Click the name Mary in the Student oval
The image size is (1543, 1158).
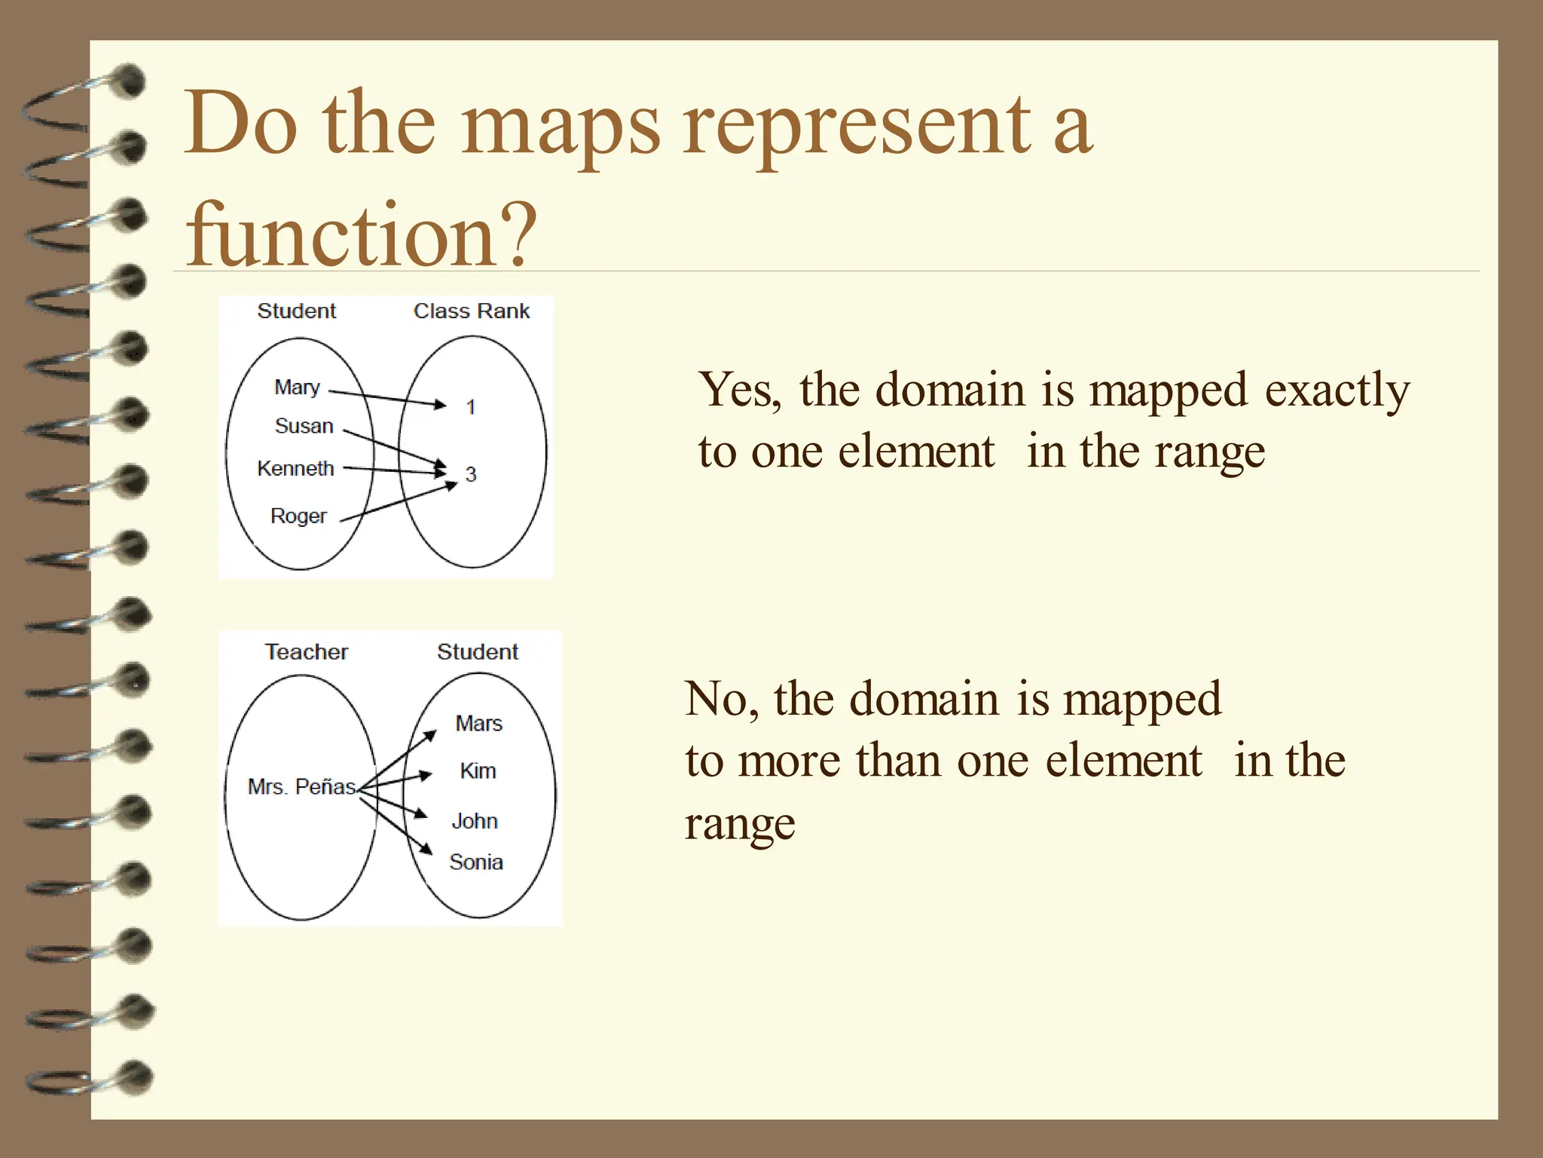pyautogui.click(x=297, y=388)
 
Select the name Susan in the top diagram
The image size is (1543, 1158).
pyautogui.click(x=304, y=426)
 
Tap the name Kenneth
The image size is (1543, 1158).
pyautogui.click(x=295, y=468)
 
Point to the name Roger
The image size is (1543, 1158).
pyautogui.click(x=298, y=516)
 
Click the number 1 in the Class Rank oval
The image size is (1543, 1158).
pyautogui.click(x=471, y=407)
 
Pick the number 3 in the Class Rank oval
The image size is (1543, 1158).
pyautogui.click(x=471, y=474)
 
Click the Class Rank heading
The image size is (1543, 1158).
pyautogui.click(x=472, y=311)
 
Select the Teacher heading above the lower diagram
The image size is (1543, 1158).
pyautogui.click(x=307, y=651)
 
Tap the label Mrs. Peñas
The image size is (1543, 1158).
pyautogui.click(x=301, y=787)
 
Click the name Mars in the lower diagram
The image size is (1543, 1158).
pyautogui.click(x=478, y=724)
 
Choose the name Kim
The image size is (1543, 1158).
pyautogui.click(x=478, y=771)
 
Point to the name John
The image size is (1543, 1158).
pyautogui.click(x=475, y=821)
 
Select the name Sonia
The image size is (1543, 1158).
pyautogui.click(x=475, y=862)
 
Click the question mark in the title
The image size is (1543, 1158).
pyautogui.click(x=519, y=235)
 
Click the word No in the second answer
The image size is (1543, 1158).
pyautogui.click(x=717, y=699)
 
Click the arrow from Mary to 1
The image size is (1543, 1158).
pyautogui.click(x=388, y=398)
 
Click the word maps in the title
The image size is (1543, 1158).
pyautogui.click(x=561, y=124)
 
